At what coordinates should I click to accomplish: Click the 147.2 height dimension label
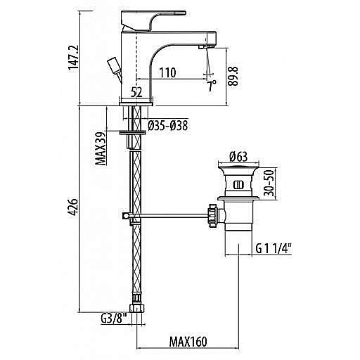tap(73, 58)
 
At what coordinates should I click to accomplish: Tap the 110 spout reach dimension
tap(167, 72)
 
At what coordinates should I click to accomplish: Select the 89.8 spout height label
tap(233, 76)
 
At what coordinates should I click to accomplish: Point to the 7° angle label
tap(211, 86)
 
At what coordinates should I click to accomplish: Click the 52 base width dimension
tap(136, 94)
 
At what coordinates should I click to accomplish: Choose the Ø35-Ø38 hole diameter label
tap(168, 126)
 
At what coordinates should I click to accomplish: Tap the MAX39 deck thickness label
tap(101, 148)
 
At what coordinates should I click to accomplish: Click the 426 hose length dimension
tap(73, 207)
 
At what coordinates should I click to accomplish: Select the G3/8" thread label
tap(114, 319)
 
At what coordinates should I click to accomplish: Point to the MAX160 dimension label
tap(188, 342)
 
